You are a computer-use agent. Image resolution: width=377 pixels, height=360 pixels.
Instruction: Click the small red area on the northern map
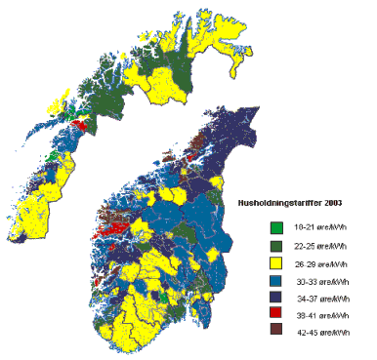[82, 125]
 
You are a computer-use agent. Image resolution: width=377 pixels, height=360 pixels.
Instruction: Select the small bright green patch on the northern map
[50, 155]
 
